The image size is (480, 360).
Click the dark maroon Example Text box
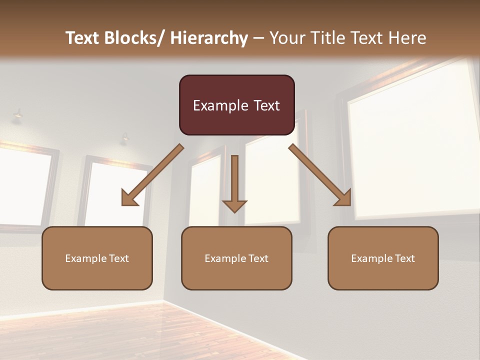[x=236, y=105]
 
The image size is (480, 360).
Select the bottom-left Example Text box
[x=97, y=258]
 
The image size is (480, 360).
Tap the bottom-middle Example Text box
[x=236, y=258]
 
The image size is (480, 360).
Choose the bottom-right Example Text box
[x=383, y=258]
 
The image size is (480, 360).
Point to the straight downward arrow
[x=234, y=180]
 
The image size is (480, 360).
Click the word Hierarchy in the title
[x=209, y=38]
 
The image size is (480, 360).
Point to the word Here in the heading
[x=407, y=38]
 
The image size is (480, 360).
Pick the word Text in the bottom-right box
[x=404, y=258]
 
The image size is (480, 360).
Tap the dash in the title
[x=258, y=38]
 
